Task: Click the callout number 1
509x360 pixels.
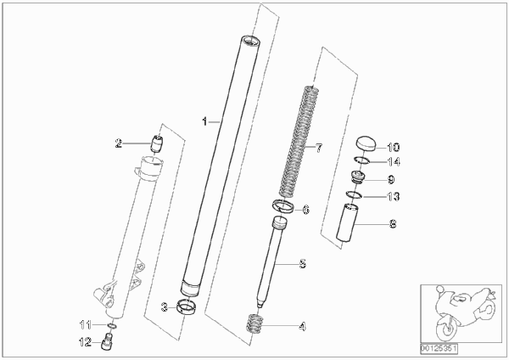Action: [x=204, y=121]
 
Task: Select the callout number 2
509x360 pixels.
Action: [x=119, y=143]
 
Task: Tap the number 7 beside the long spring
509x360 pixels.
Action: [x=319, y=148]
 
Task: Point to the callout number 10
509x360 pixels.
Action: [x=394, y=147]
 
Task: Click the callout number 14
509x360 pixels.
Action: [x=394, y=161]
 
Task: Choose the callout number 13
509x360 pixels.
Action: [x=394, y=197]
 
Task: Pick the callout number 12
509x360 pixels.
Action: [x=85, y=342]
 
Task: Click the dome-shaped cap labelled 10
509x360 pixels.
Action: [x=366, y=143]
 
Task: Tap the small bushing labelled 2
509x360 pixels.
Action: [x=158, y=143]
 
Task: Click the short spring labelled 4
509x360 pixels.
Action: [x=255, y=323]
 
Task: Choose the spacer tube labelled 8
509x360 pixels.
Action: [x=348, y=223]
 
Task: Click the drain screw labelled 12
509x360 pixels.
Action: [x=108, y=341]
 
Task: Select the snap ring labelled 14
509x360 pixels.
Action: [x=361, y=158]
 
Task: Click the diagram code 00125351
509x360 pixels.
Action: [x=439, y=349]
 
